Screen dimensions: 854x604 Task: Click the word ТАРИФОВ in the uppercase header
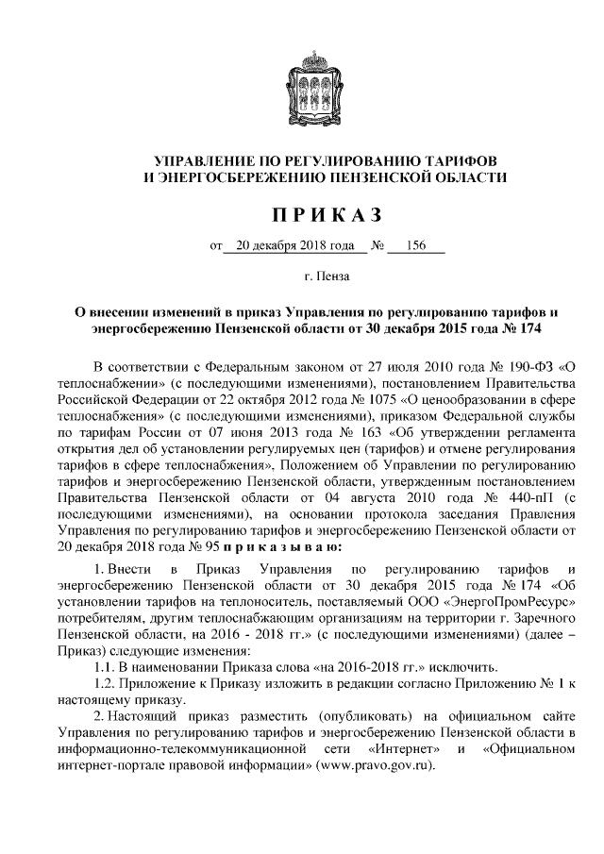pyautogui.click(x=459, y=159)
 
